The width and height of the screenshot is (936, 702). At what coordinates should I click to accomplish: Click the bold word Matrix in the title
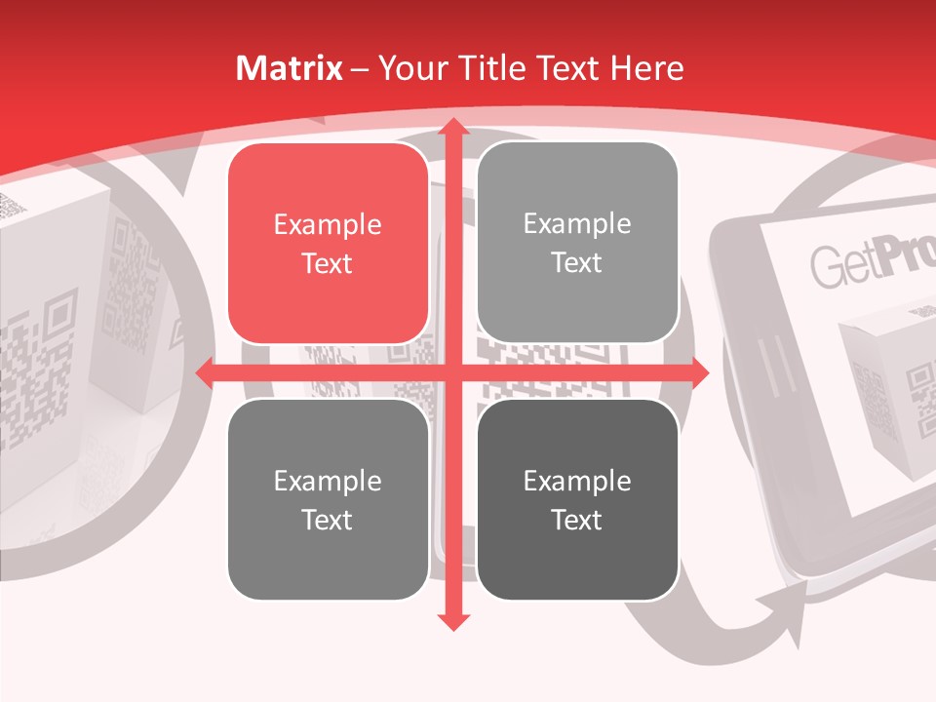pyautogui.click(x=290, y=68)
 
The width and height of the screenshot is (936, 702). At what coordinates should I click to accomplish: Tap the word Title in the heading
pyautogui.click(x=489, y=68)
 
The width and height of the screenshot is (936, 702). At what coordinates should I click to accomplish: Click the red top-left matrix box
pyautogui.click(x=328, y=244)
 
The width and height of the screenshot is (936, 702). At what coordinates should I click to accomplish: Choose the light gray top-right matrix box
pyautogui.click(x=577, y=244)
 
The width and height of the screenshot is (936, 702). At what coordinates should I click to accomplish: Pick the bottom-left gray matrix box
pyautogui.click(x=328, y=499)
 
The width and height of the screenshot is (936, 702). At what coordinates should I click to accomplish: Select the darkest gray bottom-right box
pyautogui.click(x=577, y=499)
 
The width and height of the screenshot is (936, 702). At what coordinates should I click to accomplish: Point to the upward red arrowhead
pyautogui.click(x=452, y=129)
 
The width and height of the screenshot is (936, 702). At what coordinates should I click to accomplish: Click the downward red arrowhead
pyautogui.click(x=452, y=620)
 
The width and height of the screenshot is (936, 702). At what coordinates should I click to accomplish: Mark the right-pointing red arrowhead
pyautogui.click(x=698, y=372)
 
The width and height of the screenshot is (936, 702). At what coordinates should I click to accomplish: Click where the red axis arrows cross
pyautogui.click(x=452, y=372)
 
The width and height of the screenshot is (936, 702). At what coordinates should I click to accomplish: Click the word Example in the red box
pyautogui.click(x=328, y=225)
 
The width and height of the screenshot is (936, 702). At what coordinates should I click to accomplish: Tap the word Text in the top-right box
pyautogui.click(x=577, y=263)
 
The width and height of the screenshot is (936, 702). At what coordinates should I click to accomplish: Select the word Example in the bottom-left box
pyautogui.click(x=328, y=481)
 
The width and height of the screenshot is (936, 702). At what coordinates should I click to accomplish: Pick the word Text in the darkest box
pyautogui.click(x=577, y=520)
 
